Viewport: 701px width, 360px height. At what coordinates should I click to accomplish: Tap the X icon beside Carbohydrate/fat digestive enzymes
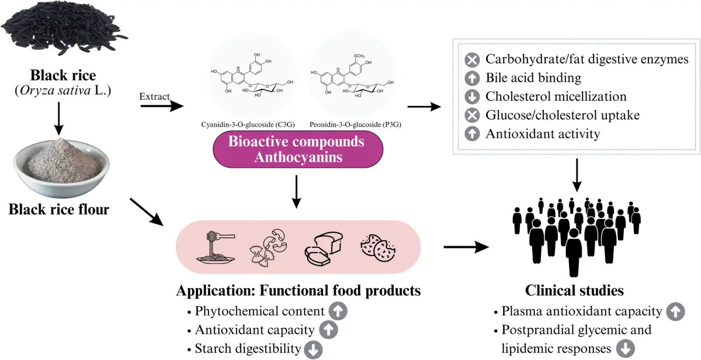(x=471, y=60)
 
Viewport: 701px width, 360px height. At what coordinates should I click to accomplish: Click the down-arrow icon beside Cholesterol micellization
(x=471, y=96)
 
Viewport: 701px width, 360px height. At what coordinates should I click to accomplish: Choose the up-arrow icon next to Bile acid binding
(x=471, y=78)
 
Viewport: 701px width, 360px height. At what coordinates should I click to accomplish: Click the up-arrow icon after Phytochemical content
(x=338, y=310)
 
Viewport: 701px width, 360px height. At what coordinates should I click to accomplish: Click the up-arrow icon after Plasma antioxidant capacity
(x=676, y=311)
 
